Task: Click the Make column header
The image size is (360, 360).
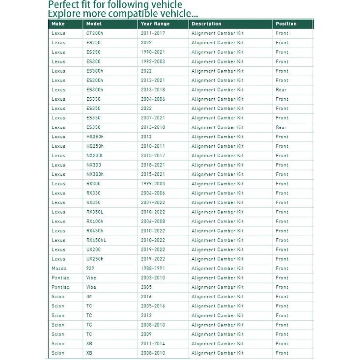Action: click(58, 24)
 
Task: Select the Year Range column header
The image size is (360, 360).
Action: click(155, 24)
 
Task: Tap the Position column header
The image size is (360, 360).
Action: click(286, 24)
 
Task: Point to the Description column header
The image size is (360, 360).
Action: click(206, 24)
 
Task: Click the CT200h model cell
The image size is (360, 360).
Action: click(94, 33)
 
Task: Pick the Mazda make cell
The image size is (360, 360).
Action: click(59, 269)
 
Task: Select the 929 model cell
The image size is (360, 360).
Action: click(90, 269)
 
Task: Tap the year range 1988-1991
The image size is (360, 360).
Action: click(153, 269)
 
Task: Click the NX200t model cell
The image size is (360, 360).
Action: click(95, 156)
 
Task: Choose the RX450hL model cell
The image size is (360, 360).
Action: click(96, 240)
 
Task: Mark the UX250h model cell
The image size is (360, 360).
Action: click(95, 259)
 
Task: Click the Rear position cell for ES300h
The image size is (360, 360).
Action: click(281, 90)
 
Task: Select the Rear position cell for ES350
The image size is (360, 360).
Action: click(281, 128)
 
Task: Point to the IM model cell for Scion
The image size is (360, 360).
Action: click(89, 297)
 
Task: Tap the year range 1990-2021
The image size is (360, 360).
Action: click(153, 52)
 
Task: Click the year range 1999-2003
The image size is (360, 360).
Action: click(153, 184)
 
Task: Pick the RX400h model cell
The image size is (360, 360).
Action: click(95, 222)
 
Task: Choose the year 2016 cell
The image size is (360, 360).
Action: click(146, 297)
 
